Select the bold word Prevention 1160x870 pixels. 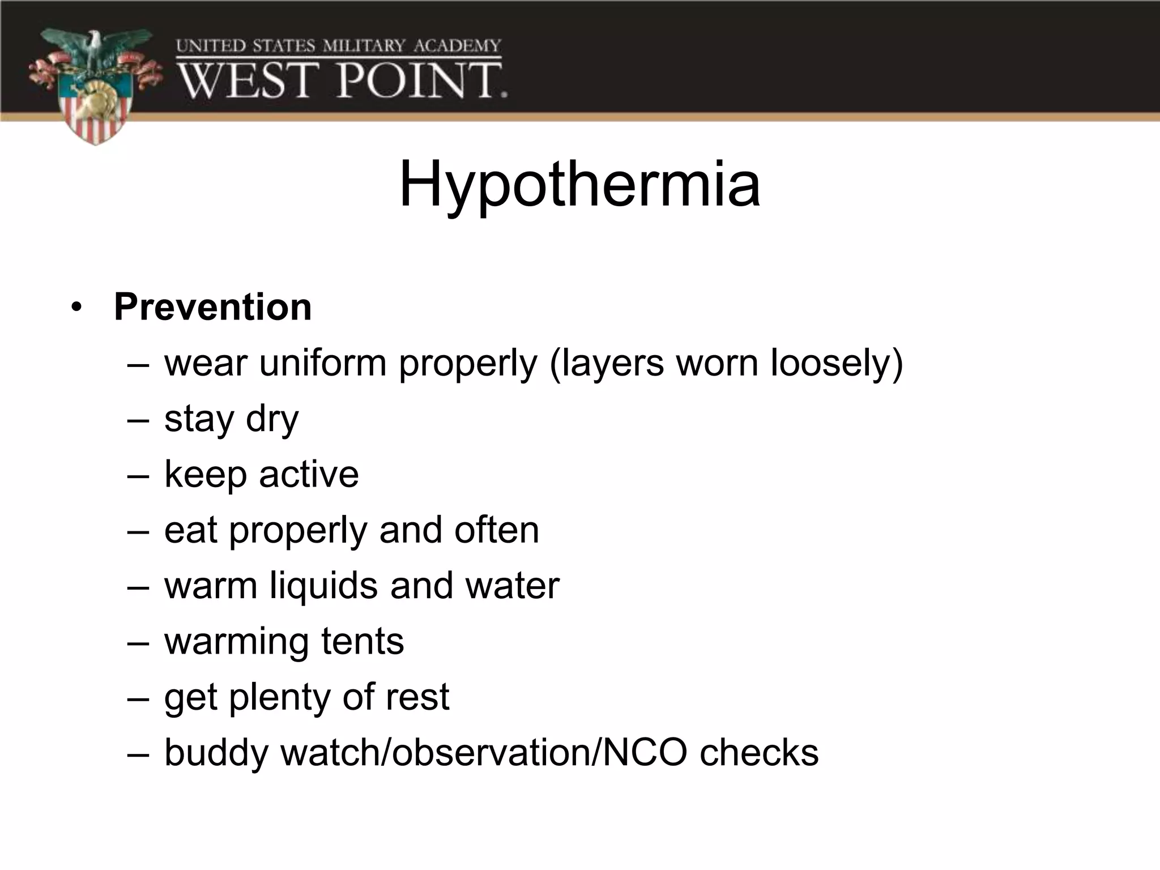[x=212, y=308]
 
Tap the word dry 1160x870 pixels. [x=272, y=419]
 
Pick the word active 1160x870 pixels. [x=309, y=474]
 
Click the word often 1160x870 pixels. [x=496, y=530]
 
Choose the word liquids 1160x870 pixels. [x=323, y=586]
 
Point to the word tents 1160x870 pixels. [x=362, y=641]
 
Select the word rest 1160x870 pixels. [x=417, y=697]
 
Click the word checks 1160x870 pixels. [x=759, y=753]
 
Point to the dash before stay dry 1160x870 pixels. [x=138, y=420]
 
